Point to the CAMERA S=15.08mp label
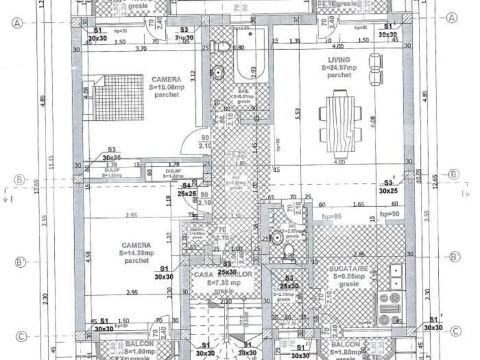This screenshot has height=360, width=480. pyautogui.click(x=166, y=87)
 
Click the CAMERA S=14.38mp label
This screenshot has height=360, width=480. pyautogui.click(x=135, y=253)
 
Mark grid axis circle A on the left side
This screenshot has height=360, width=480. pyautogui.click(x=17, y=23)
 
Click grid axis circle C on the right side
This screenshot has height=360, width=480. pyautogui.click(x=456, y=331)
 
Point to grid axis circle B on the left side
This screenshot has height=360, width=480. pyautogui.click(x=19, y=180)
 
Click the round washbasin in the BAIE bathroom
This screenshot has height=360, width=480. pyautogui.click(x=218, y=72)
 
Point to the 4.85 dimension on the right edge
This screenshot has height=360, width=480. pyautogui.click(x=425, y=98)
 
